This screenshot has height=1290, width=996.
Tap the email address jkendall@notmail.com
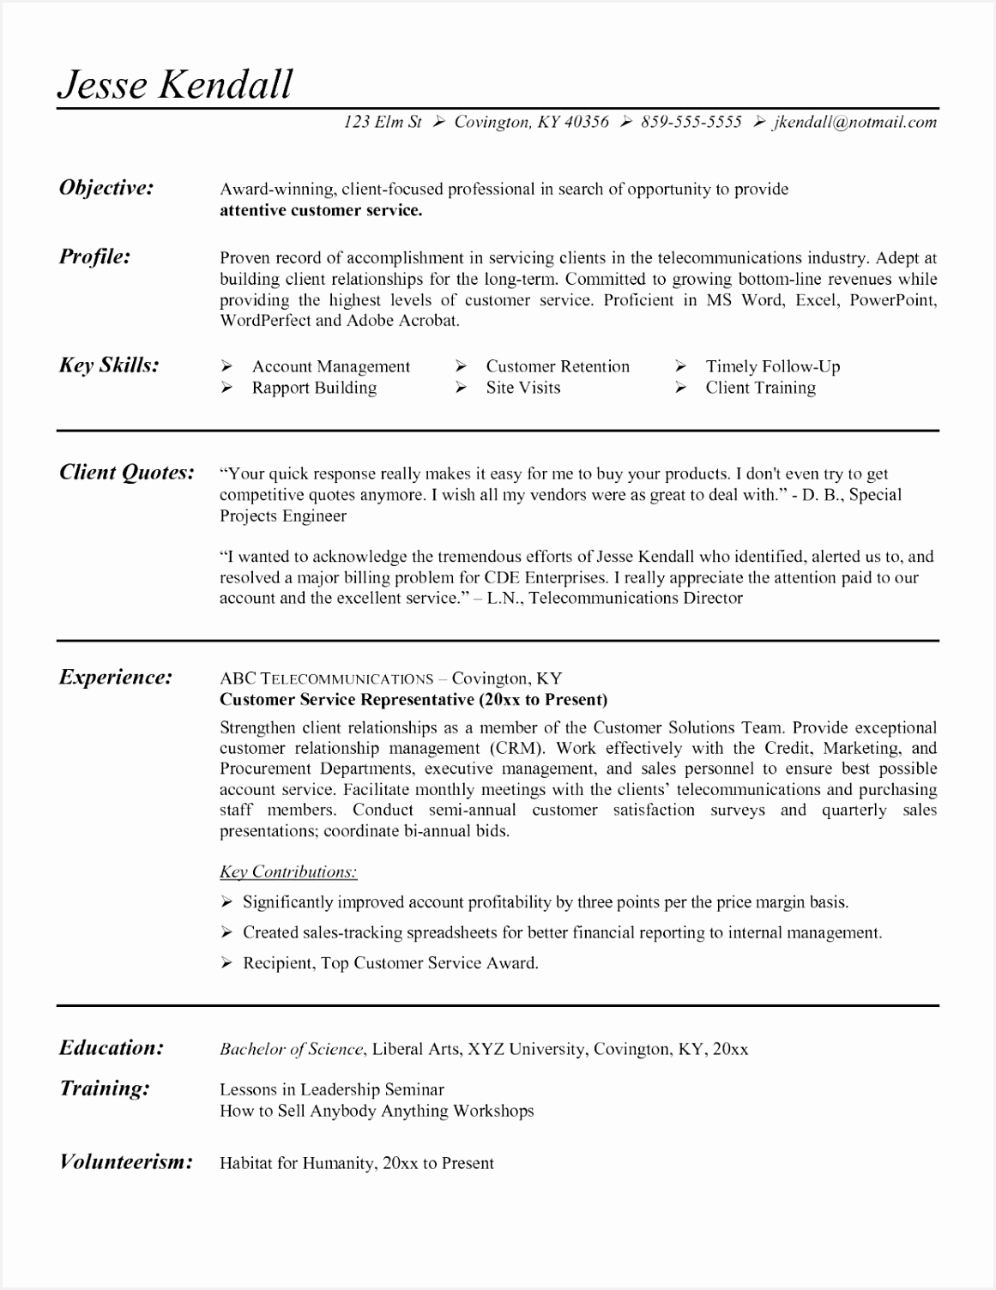[854, 122]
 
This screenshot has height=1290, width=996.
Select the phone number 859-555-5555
[691, 122]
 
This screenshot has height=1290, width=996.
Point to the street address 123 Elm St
[383, 122]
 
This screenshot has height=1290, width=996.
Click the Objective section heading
[106, 188]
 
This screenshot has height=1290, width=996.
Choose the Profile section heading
[94, 256]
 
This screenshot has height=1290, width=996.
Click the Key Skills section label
[109, 365]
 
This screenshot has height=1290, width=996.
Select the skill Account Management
[330, 366]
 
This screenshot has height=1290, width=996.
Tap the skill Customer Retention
[558, 366]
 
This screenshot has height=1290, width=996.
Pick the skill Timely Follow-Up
[772, 366]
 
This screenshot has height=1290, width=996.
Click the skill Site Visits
[522, 388]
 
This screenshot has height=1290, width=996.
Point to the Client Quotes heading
[126, 472]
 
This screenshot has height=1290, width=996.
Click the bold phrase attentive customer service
[321, 210]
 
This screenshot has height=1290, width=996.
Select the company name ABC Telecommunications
[326, 678]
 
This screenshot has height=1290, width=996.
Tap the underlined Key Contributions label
[288, 872]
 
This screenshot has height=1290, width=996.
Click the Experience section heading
[115, 678]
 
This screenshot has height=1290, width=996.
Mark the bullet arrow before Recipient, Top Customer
[226, 963]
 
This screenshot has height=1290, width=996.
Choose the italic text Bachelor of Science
[292, 1049]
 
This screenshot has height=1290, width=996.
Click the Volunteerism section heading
[125, 1162]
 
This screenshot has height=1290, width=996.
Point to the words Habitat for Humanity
[297, 1163]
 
